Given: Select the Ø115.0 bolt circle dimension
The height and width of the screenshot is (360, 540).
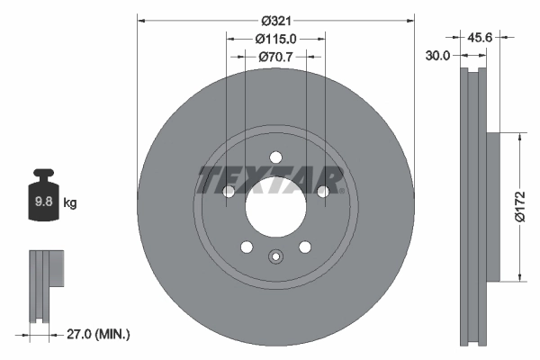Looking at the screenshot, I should click(275, 39).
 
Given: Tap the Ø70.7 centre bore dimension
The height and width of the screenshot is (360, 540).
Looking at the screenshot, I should click(275, 57).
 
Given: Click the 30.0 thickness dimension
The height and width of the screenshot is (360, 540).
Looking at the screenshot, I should click(438, 54).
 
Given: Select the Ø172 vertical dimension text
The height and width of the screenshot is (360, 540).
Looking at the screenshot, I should click(519, 205).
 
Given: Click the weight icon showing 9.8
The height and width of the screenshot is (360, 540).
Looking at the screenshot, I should click(43, 199).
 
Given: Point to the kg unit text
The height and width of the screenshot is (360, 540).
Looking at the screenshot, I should click(70, 203).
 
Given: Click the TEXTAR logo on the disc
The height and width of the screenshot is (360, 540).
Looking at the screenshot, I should click(269, 180).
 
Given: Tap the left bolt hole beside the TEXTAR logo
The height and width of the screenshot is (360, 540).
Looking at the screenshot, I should click(229, 191).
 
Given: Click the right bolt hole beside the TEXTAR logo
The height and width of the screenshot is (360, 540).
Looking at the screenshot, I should click(322, 191).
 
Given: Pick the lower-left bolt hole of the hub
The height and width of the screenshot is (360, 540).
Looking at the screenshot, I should click(246, 247).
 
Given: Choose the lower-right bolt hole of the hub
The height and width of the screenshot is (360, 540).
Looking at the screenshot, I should click(305, 247).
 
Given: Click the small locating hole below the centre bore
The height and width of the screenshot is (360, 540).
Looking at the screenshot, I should click(275, 256).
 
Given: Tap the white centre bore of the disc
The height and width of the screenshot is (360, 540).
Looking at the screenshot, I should click(275, 206).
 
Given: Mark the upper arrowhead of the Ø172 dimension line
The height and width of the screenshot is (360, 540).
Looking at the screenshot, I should click(520, 138).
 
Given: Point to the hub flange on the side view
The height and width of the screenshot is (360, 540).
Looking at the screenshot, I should click(492, 207).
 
